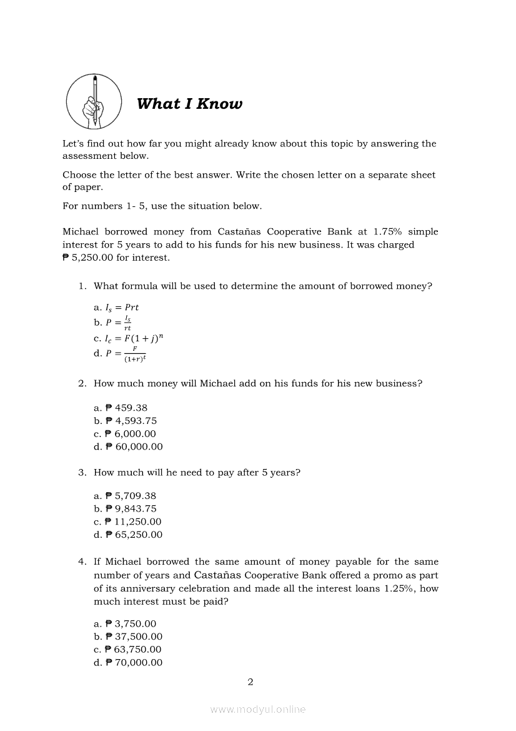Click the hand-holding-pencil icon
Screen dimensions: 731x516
[94, 101]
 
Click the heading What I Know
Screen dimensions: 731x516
[189, 104]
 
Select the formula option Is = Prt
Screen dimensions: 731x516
[116, 308]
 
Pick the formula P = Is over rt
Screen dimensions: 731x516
[112, 323]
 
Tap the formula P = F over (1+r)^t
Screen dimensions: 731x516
[119, 355]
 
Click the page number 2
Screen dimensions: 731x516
[251, 682]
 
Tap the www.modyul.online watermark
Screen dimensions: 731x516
[258, 710]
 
